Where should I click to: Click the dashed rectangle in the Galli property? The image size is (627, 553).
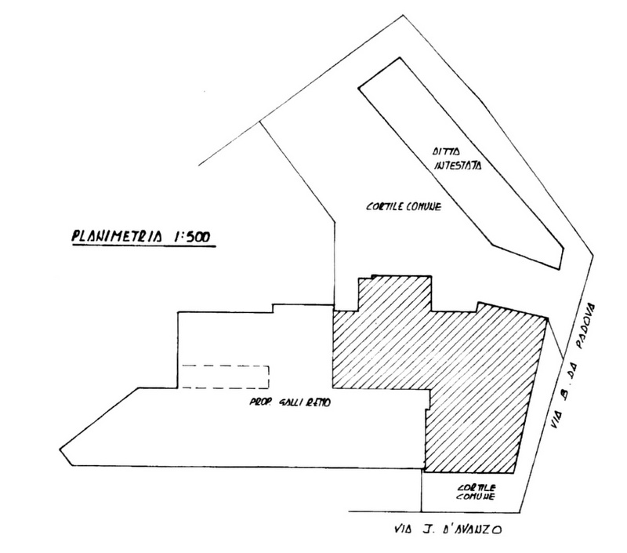(226, 377)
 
